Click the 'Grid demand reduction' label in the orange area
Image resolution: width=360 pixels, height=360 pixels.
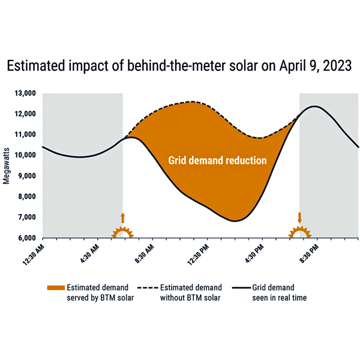tap(217, 161)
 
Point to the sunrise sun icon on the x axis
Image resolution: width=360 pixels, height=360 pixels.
tap(122, 232)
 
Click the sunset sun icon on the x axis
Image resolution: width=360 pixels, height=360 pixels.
tap(299, 232)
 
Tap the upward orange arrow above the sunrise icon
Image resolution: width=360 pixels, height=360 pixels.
tap(122, 218)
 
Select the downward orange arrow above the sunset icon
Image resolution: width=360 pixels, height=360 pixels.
tap(299, 217)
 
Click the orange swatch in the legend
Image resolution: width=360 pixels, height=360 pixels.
tap(56, 287)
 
